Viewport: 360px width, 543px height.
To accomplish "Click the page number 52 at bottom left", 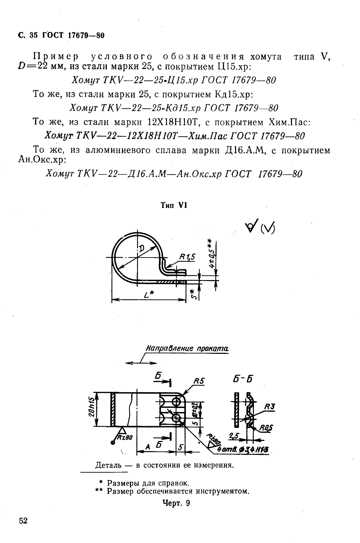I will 23,521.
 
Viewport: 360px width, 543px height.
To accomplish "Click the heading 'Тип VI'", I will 174,205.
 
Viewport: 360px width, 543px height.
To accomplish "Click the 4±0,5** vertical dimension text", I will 210,253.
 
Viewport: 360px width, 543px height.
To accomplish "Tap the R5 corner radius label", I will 199,381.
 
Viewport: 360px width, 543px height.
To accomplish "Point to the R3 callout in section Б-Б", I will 270,407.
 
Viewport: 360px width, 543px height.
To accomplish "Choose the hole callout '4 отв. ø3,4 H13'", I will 244,450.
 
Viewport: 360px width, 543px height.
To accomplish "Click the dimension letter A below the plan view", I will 147,447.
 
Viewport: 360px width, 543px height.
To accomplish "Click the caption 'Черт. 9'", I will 176,503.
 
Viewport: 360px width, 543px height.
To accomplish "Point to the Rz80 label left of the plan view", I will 125,437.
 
